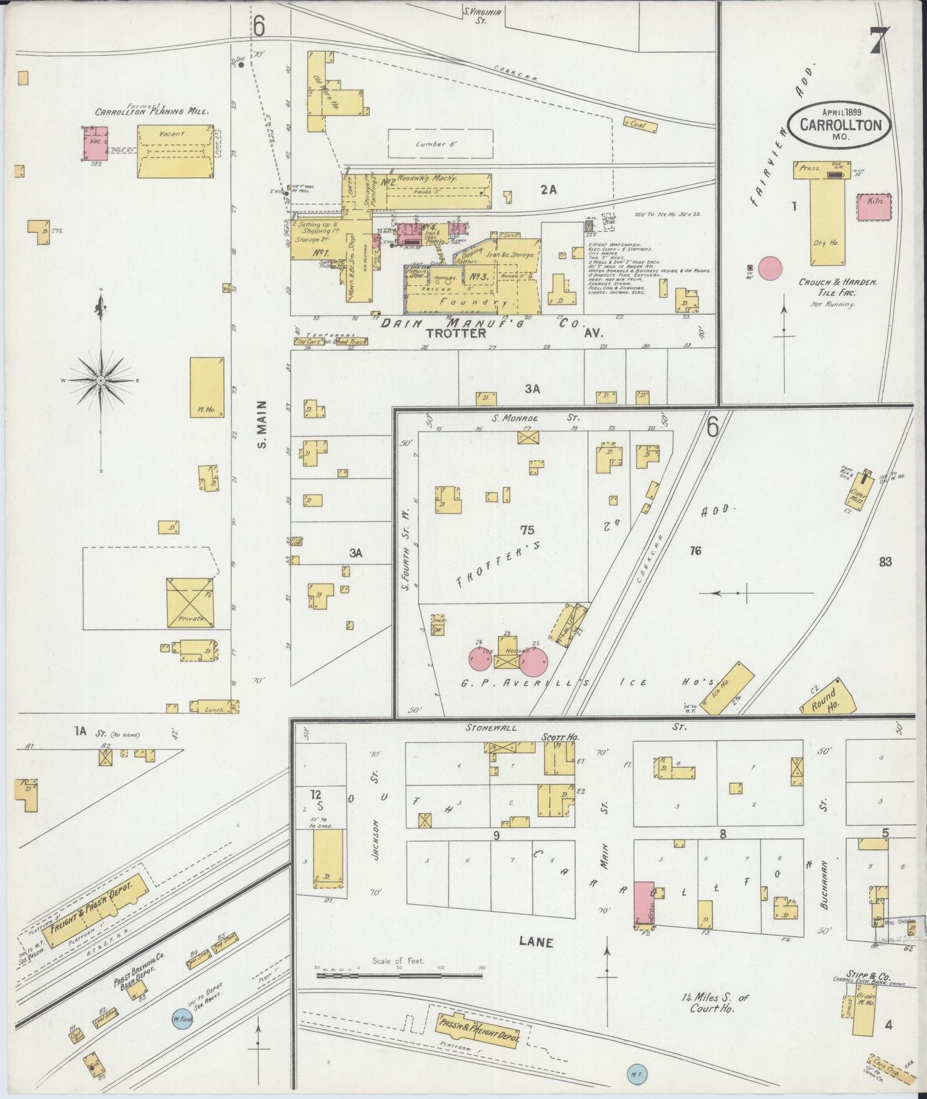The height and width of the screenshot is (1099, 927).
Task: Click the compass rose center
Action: (101, 380)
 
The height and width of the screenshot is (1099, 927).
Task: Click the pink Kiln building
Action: (876, 206)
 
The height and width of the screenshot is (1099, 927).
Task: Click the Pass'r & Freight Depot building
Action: (479, 1030)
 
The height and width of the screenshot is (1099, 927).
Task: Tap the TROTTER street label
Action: (456, 333)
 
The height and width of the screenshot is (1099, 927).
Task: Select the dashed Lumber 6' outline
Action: (441, 144)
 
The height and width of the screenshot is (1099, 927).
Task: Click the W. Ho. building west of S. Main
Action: (207, 387)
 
